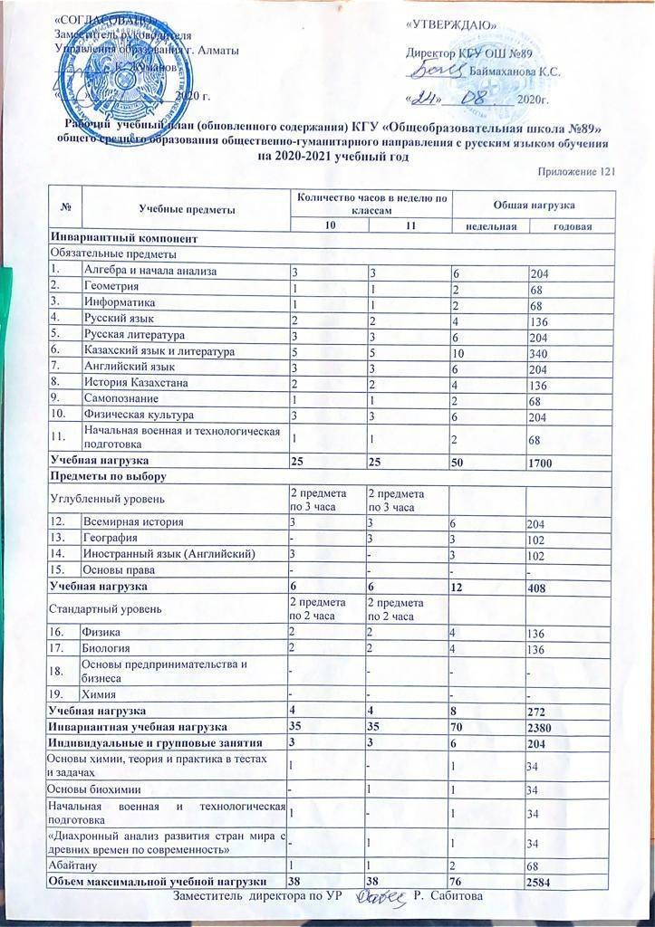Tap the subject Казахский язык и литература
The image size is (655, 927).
click(159, 350)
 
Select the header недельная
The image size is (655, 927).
click(491, 225)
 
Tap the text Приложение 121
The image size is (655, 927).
click(577, 172)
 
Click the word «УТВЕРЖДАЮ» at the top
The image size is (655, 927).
click(450, 24)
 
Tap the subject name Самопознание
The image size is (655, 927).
click(120, 399)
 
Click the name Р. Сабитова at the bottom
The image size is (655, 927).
click(451, 896)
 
